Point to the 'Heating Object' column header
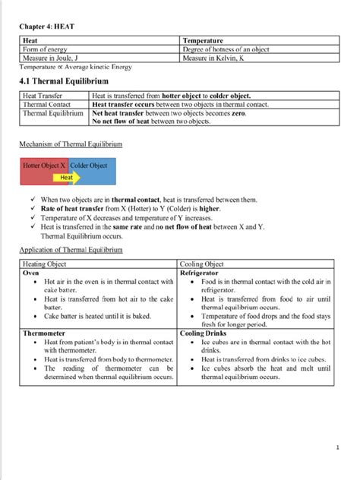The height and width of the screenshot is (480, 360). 45,263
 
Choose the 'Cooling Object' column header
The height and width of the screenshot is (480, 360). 202,263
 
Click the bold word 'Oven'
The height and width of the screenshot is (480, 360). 31,271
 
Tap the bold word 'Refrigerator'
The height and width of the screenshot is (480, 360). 200,271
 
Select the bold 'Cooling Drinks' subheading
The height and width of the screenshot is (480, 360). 204,333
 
